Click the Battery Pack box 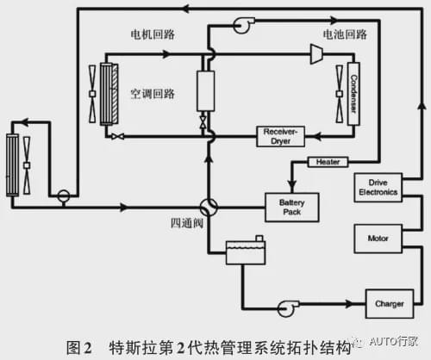point(291,208)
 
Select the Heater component point(328,162)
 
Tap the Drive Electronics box point(378,188)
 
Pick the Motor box point(378,239)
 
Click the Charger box point(390,304)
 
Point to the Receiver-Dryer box point(280,136)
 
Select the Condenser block point(353,94)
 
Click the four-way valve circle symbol point(209,208)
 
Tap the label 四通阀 point(187,223)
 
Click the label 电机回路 point(153,34)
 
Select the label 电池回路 point(345,34)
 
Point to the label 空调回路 point(153,94)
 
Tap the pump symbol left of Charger point(287,308)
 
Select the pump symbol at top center point(243,25)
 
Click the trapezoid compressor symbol point(316,53)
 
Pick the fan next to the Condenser point(340,94)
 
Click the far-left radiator point(12,165)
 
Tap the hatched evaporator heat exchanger point(109,94)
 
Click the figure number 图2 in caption point(79,348)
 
